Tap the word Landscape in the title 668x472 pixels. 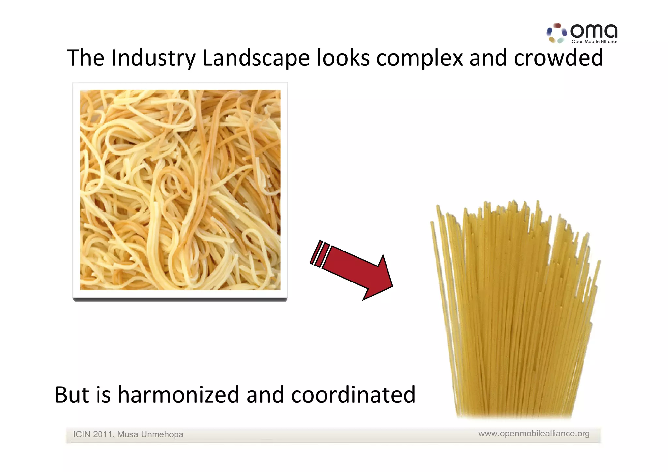coord(256,58)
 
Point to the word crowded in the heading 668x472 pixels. coord(558,58)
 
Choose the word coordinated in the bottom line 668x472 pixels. coord(353,395)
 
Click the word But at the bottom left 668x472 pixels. coord(72,395)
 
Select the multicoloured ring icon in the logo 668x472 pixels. coord(556,33)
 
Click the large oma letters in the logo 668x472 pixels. coord(594,31)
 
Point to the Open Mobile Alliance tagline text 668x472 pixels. coord(594,42)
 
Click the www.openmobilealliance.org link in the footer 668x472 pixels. coord(534,434)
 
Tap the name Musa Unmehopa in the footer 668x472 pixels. coord(150,434)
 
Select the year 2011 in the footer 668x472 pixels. coord(102,434)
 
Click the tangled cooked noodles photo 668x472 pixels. coord(180,190)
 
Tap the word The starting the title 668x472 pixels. coord(85,58)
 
